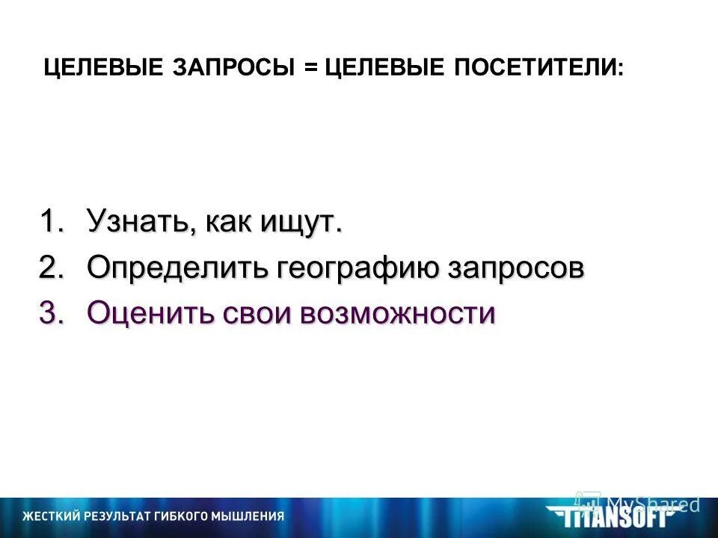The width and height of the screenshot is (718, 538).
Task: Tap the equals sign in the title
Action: (311, 68)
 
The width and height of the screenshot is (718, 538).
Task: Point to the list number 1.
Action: (51, 222)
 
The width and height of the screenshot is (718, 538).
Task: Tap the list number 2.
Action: (51, 268)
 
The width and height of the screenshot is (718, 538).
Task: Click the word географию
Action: (361, 268)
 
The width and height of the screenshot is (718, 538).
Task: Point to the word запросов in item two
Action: (515, 268)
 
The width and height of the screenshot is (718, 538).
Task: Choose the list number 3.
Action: (51, 312)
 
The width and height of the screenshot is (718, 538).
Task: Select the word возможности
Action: (397, 312)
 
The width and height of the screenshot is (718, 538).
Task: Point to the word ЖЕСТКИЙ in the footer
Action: (52, 516)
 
